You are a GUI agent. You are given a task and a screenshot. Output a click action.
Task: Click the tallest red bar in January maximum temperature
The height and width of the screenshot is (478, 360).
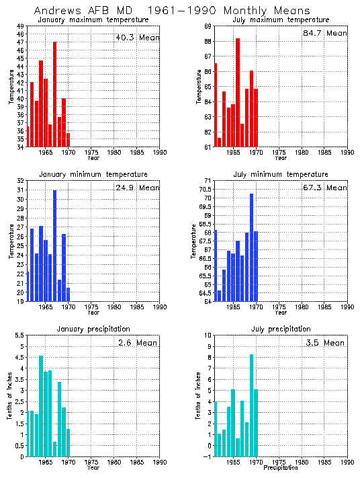(x=54, y=94)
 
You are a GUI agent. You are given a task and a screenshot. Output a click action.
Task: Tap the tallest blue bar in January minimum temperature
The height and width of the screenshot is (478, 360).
(x=54, y=245)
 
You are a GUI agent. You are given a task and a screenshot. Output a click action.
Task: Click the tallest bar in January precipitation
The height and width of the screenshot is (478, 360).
(x=41, y=406)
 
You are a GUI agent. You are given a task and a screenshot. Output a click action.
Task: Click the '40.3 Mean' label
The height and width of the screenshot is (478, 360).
(x=137, y=38)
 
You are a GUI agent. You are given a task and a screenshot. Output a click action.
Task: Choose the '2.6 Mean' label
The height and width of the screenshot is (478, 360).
(x=137, y=342)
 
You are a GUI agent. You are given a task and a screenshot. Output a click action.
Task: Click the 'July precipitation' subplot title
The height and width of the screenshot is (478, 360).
(x=281, y=329)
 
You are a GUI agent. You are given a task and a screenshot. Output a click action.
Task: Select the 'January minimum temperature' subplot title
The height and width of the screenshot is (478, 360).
(x=93, y=174)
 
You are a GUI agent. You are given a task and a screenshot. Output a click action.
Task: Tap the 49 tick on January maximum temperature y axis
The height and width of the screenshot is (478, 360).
(x=19, y=26)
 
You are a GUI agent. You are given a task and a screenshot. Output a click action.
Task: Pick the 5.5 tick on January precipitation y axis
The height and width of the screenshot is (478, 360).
(x=19, y=335)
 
